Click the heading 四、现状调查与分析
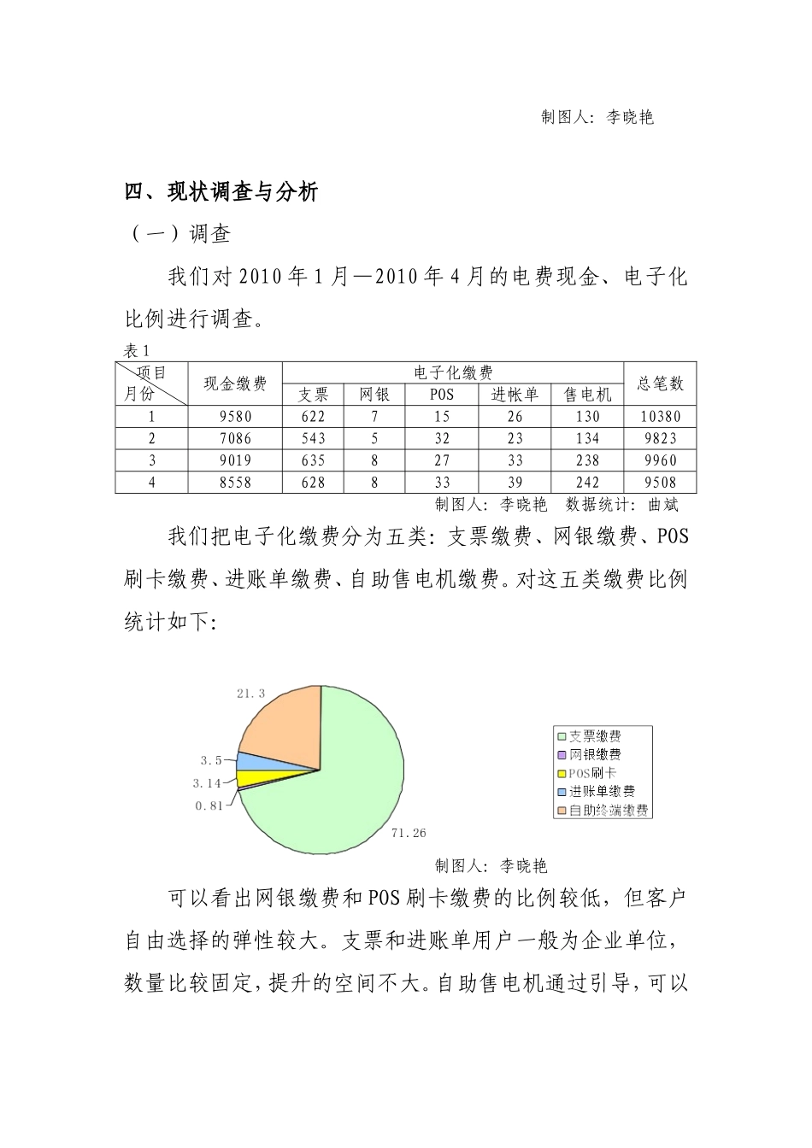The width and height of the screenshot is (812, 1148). pyautogui.click(x=221, y=192)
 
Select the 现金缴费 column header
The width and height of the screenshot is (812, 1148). pyautogui.click(x=235, y=384)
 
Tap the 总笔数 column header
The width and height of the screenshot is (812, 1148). pyautogui.click(x=661, y=384)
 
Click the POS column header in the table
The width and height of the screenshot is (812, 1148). pyautogui.click(x=442, y=395)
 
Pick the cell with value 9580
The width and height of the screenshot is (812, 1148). pyautogui.click(x=235, y=417)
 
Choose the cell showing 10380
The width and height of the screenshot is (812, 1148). pyautogui.click(x=661, y=417)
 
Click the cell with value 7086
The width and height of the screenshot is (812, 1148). pyautogui.click(x=235, y=439)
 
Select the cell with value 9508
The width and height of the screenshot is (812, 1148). pyautogui.click(x=661, y=483)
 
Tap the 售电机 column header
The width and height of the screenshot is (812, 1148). pyautogui.click(x=588, y=395)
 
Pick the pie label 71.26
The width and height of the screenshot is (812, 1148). pyautogui.click(x=409, y=833)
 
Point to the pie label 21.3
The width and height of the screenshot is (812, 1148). pyautogui.click(x=251, y=694)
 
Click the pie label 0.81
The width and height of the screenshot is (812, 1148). pyautogui.click(x=209, y=805)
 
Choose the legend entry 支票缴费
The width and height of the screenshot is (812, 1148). pyautogui.click(x=595, y=736)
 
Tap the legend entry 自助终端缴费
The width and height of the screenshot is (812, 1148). pyautogui.click(x=608, y=810)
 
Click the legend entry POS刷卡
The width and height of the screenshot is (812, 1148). pyautogui.click(x=592, y=773)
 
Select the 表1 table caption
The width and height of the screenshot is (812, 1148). pyautogui.click(x=137, y=351)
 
